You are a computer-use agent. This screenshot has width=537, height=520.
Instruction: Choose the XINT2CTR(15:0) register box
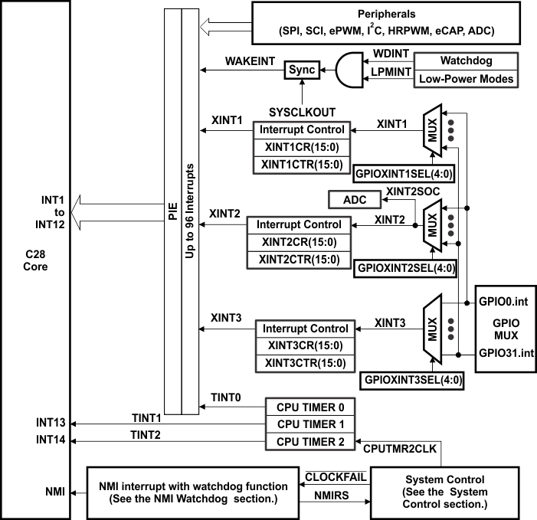(299, 259)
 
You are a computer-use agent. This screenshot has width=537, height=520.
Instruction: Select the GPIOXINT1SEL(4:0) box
(404, 174)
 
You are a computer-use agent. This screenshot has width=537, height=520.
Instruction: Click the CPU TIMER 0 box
(310, 407)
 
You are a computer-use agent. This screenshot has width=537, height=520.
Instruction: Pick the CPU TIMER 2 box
(310, 442)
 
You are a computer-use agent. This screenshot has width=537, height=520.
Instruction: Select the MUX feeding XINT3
(433, 329)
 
